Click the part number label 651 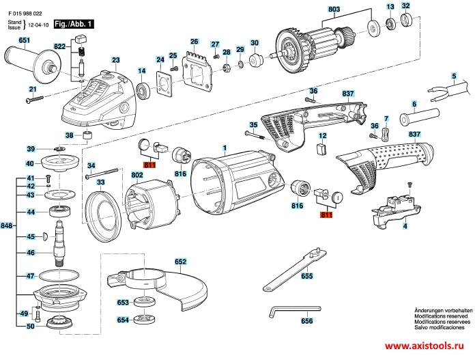[25, 41]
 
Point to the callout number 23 [115, 61]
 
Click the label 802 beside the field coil [137, 176]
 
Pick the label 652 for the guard [180, 261]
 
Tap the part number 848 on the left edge [7, 225]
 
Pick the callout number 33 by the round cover [100, 183]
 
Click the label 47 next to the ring [31, 277]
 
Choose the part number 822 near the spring [60, 46]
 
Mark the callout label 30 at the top [255, 44]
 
